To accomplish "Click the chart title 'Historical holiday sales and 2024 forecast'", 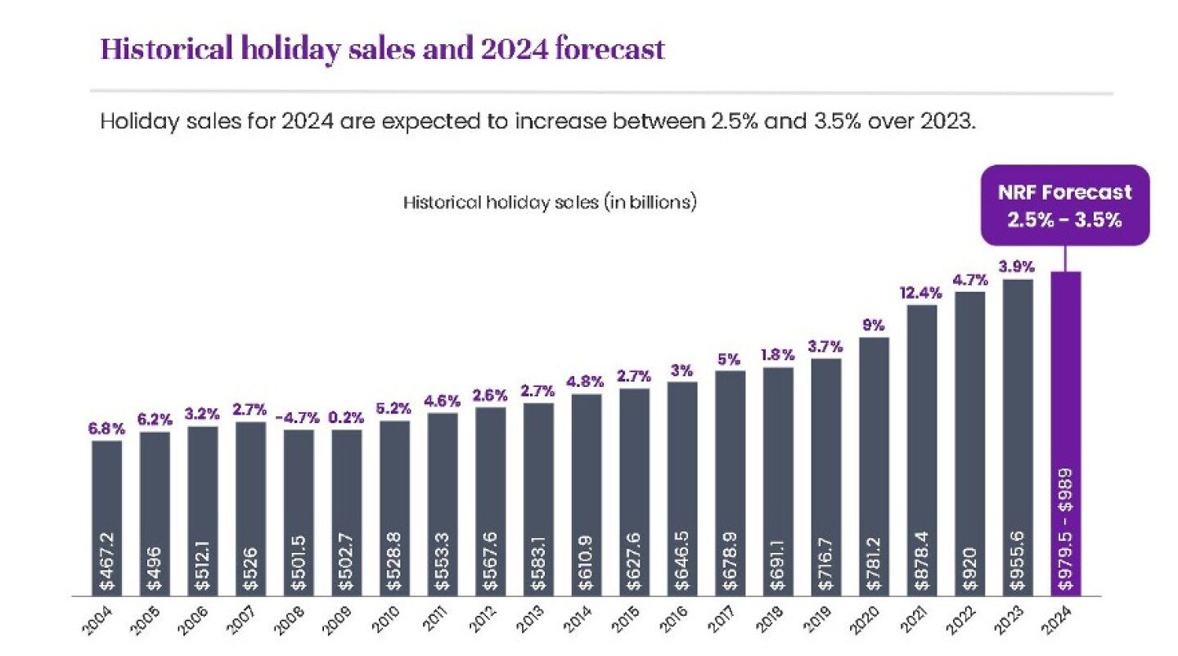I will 382,49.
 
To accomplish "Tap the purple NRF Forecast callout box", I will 1064,205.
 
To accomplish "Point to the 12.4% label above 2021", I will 922,292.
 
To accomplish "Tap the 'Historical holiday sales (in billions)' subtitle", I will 550,202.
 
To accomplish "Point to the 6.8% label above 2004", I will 106,427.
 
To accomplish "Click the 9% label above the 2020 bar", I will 874,325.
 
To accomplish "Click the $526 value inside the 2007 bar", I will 251,564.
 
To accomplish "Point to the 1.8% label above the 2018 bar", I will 778,354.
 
